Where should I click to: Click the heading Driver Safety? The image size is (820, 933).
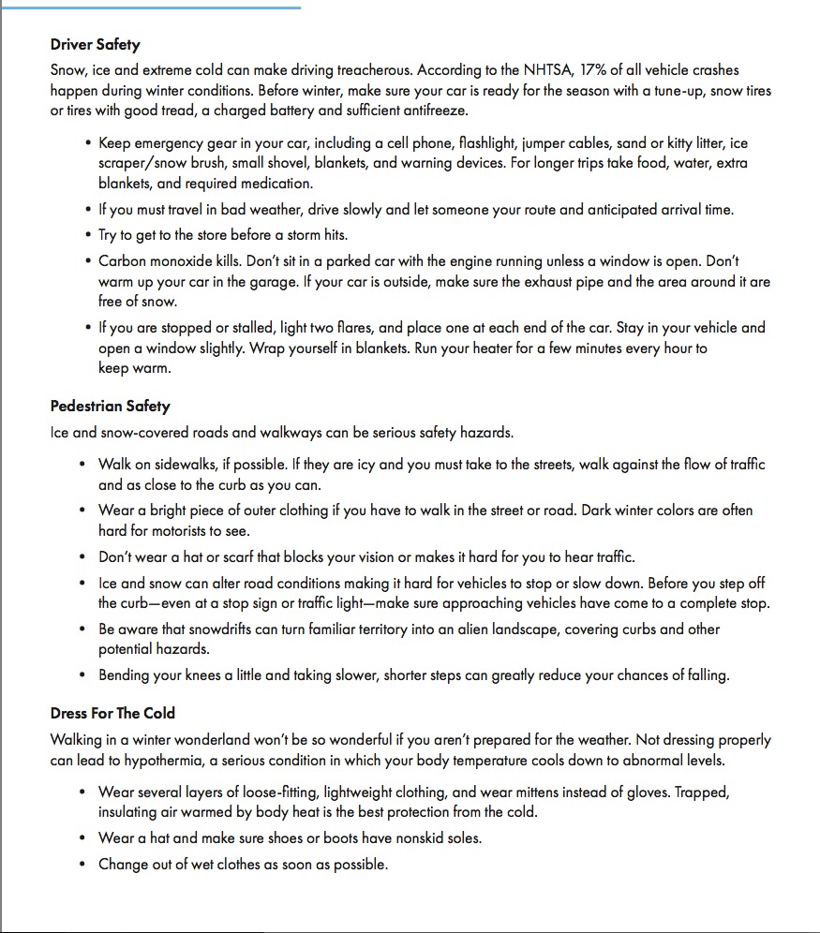96,44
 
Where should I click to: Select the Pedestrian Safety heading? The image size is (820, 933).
110,407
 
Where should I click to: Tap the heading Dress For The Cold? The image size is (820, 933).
112,713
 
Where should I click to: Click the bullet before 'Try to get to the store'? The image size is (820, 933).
86,235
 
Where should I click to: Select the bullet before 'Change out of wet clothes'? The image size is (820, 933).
86,865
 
